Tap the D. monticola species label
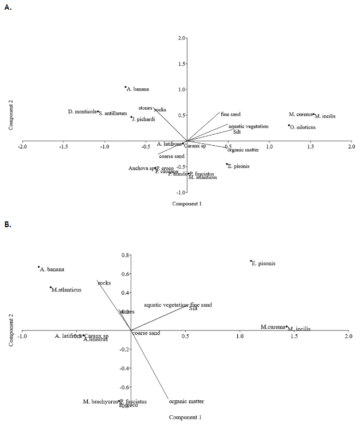tap(81, 111)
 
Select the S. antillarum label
tap(113, 114)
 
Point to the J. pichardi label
tap(144, 119)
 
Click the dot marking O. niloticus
tap(289, 126)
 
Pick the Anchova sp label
tap(140, 168)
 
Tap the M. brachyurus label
tap(100, 401)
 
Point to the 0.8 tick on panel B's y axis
tap(123, 255)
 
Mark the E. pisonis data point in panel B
tap(251, 262)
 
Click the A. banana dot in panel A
tap(126, 87)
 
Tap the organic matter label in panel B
tap(186, 401)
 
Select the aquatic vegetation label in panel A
tap(248, 126)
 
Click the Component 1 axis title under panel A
tap(187, 203)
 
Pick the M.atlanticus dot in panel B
tap(50, 287)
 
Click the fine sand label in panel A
tap(230, 114)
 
